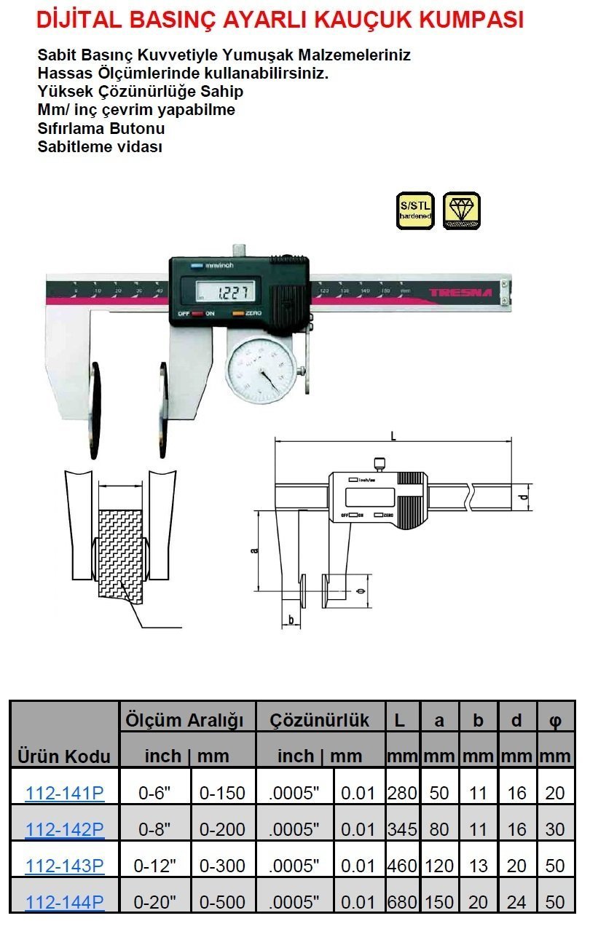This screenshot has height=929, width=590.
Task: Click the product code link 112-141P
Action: (65, 793)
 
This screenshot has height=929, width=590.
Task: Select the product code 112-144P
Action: (65, 903)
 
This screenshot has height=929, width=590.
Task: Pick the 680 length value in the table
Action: (402, 903)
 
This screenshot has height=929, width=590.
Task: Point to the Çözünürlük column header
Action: (320, 721)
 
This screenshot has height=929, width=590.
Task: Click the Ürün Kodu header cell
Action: (64, 756)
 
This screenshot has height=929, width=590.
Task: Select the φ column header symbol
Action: (555, 721)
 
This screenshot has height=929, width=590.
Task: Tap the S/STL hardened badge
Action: (415, 211)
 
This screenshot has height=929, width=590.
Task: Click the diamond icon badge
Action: (462, 211)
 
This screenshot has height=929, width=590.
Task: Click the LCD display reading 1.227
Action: (227, 293)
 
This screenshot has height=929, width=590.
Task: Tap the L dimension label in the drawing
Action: (393, 436)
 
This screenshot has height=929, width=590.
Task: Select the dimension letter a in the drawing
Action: (254, 550)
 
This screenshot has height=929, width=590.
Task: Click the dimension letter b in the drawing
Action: (291, 620)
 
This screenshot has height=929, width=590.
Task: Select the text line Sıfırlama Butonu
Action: (101, 129)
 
